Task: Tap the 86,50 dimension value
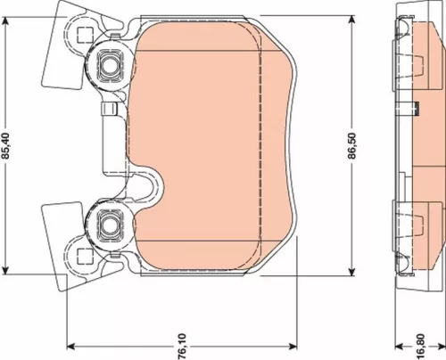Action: (354, 147)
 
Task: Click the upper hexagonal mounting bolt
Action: (111, 63)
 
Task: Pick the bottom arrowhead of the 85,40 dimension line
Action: (7, 270)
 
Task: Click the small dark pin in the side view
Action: (417, 109)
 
